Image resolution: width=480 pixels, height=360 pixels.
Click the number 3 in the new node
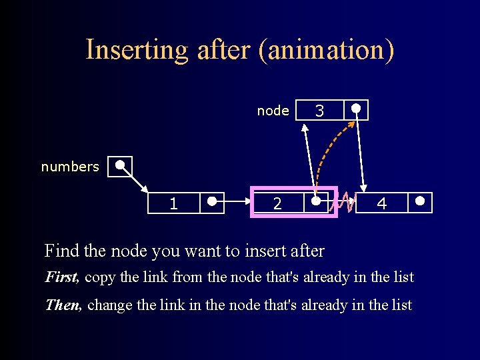click(319, 111)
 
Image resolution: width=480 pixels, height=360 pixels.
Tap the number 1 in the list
click(173, 204)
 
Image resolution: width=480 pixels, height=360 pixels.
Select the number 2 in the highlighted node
click(277, 204)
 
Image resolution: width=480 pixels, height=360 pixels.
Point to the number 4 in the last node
click(382, 204)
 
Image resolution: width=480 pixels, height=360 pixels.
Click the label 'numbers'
click(70, 167)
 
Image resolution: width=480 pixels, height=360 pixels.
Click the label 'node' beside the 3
click(273, 111)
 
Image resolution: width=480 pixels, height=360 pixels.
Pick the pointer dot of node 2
click(316, 200)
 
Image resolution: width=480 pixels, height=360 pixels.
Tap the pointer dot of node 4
click(420, 200)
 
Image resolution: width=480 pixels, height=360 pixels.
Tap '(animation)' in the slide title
click(327, 50)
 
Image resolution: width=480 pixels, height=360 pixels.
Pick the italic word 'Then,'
click(63, 305)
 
